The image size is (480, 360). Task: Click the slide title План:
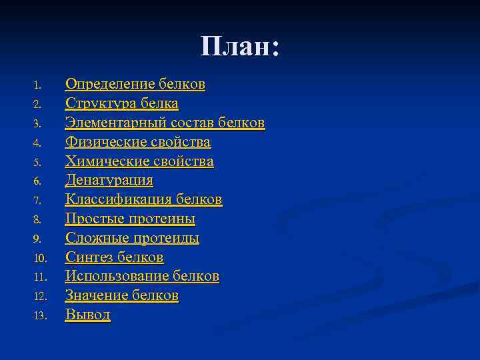pos(239,47)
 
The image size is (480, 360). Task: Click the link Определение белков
pos(135,85)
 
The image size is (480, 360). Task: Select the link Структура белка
pos(122,104)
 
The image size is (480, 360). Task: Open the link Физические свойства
pos(138,142)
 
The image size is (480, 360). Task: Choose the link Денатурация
pos(109,181)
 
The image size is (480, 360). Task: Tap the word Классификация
pos(117,199)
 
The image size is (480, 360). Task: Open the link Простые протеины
pos(130,219)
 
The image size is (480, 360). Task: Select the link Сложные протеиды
pos(132,238)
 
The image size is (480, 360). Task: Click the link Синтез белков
pos(114,257)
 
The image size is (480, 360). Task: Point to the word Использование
pos(117,276)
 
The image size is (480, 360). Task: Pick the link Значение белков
pos(122,295)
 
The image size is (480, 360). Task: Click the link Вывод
pos(87,315)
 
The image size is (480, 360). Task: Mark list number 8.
pos(38,219)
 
